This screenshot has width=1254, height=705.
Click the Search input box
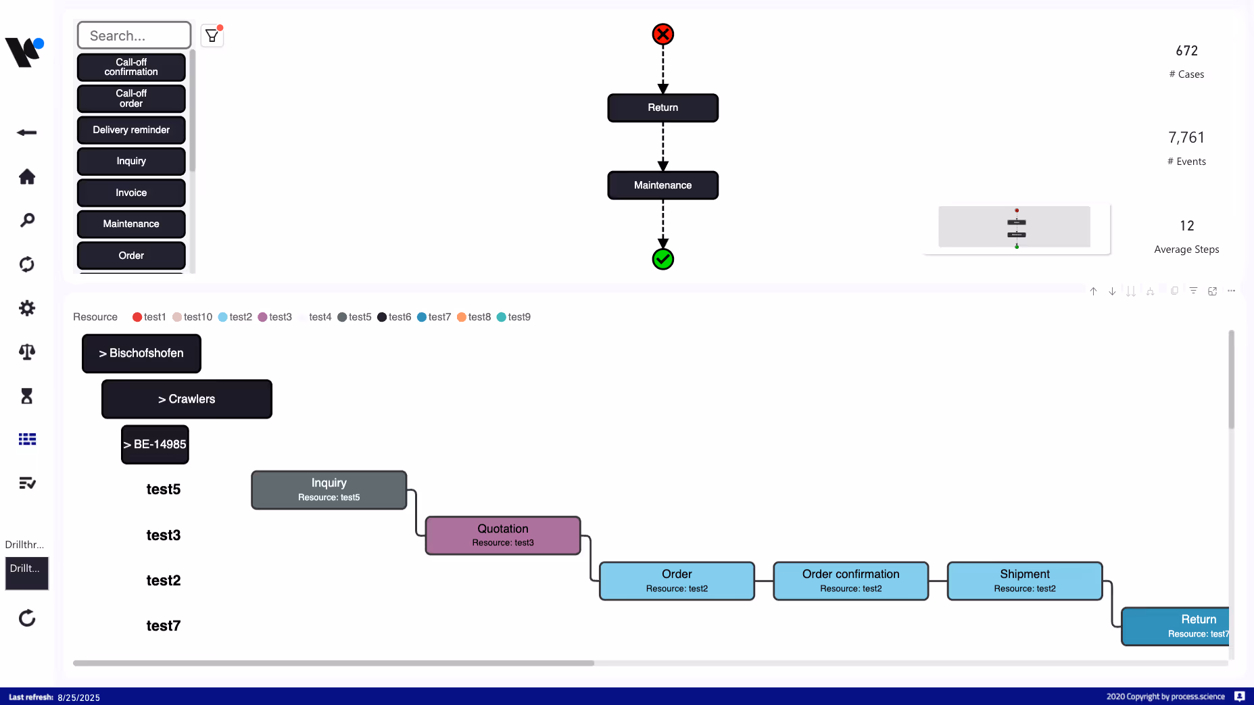(x=134, y=35)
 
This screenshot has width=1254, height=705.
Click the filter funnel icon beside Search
(x=212, y=35)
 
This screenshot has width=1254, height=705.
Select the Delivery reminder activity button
(x=131, y=130)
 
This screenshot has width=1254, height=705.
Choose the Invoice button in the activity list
(x=131, y=193)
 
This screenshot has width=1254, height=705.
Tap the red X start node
(x=662, y=34)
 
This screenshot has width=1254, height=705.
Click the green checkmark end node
(x=662, y=259)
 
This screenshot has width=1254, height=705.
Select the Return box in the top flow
(x=662, y=107)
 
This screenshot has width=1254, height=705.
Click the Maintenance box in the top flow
(x=662, y=185)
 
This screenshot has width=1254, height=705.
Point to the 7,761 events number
(x=1186, y=138)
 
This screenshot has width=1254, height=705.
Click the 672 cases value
(x=1186, y=51)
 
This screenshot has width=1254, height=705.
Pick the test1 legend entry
(x=149, y=317)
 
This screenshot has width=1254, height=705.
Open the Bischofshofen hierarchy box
(x=141, y=353)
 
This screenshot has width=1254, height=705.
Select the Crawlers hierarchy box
(x=187, y=399)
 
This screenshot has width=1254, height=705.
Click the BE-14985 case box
(x=155, y=444)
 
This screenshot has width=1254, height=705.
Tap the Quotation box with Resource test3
(x=503, y=535)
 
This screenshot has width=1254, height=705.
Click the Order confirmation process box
(x=850, y=581)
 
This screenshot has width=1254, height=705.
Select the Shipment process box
(x=1025, y=581)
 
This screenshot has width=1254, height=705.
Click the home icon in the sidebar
(x=27, y=176)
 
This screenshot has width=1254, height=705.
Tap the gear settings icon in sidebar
(x=27, y=308)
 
